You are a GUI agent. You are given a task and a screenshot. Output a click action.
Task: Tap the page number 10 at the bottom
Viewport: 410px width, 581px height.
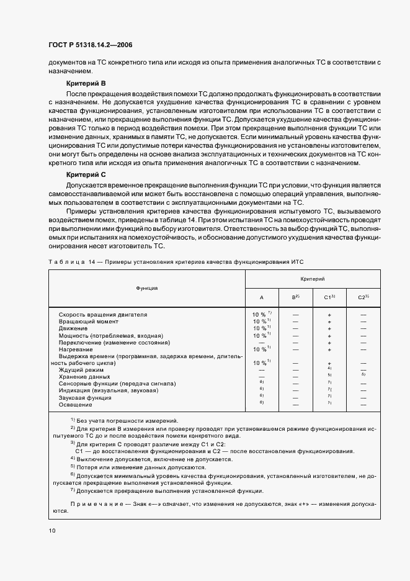[x=51, y=530]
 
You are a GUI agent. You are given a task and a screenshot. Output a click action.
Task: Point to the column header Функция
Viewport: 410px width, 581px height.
[x=147, y=288]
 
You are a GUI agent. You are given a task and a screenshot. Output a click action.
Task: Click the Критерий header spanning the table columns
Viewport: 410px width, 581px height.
[x=313, y=280]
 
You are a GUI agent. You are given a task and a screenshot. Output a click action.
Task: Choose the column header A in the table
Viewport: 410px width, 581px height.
[x=261, y=297]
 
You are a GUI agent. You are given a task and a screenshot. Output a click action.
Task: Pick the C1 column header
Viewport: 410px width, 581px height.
[x=330, y=297]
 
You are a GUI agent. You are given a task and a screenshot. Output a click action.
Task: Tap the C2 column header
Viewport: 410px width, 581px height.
[x=363, y=297]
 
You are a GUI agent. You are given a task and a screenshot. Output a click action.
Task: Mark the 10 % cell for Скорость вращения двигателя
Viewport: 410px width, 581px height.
[x=261, y=315]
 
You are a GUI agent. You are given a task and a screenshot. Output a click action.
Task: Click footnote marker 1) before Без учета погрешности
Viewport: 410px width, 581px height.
[x=73, y=420]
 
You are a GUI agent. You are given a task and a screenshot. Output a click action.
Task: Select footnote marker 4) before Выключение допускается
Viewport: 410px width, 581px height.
[x=73, y=459]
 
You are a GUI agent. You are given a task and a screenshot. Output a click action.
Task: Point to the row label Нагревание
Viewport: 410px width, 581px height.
[x=76, y=349]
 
